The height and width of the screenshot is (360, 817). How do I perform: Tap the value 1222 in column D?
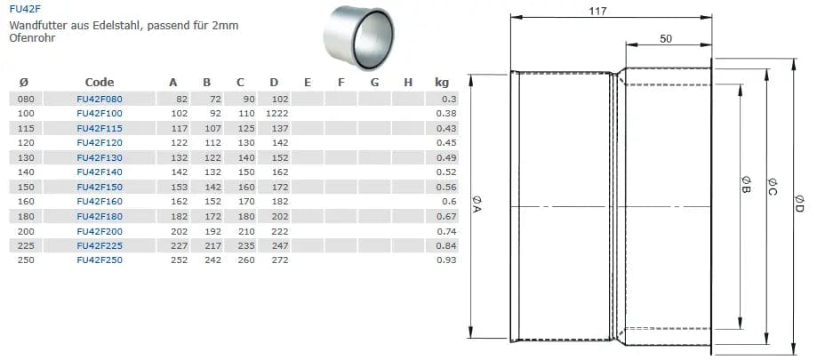278,115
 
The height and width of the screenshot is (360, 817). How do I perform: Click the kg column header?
442,83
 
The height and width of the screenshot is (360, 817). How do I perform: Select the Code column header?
100,83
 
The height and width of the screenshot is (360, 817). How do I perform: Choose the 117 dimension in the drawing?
611,11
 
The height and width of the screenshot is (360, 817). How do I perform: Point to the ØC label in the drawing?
772,190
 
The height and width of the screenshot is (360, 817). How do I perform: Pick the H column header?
408,83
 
